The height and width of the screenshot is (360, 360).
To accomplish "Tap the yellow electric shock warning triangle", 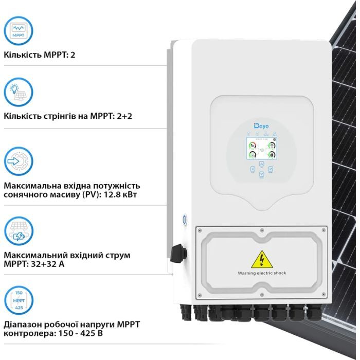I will click(x=261, y=259).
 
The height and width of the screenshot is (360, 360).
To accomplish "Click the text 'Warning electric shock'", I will click(x=261, y=273).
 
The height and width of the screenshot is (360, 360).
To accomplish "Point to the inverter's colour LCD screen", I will click(x=261, y=148).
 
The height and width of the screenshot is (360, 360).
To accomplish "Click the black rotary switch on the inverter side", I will click(x=180, y=252).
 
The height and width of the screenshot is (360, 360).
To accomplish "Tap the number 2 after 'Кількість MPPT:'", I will click(x=73, y=54).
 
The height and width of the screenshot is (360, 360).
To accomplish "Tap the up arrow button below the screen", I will click(x=261, y=164).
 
